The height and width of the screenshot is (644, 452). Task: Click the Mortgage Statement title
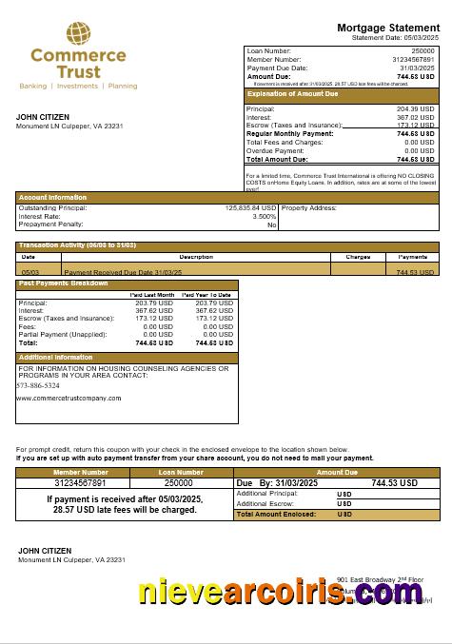pyautogui.click(x=388, y=28)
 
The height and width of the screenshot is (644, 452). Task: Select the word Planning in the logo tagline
pyautogui.click(x=123, y=86)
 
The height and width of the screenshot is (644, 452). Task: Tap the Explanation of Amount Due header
pyautogui.click(x=292, y=94)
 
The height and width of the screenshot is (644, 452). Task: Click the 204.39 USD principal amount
pyautogui.click(x=415, y=109)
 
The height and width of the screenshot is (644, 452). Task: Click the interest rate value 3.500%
pyautogui.click(x=264, y=216)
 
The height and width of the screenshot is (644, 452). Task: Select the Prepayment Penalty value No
pyautogui.click(x=271, y=224)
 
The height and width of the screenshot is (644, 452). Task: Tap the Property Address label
pyautogui.click(x=309, y=207)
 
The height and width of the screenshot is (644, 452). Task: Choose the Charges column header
pyautogui.click(x=358, y=257)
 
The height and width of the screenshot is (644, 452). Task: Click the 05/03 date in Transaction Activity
pyautogui.click(x=29, y=272)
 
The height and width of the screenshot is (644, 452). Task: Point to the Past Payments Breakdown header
pyautogui.click(x=64, y=283)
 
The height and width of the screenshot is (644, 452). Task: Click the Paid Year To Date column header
pyautogui.click(x=207, y=295)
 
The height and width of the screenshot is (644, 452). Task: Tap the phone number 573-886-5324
pyautogui.click(x=38, y=385)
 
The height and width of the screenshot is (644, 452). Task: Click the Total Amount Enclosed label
pyautogui.click(x=270, y=514)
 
